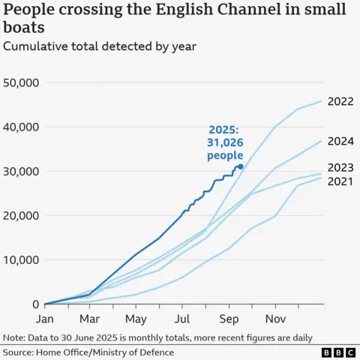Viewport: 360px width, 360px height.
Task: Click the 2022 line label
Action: click(340, 101)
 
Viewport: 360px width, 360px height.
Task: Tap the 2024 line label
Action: click(340, 141)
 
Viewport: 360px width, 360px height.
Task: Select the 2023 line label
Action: click(340, 167)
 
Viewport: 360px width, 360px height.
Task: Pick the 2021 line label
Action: click(340, 181)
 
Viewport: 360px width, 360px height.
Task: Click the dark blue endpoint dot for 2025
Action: click(240, 166)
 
